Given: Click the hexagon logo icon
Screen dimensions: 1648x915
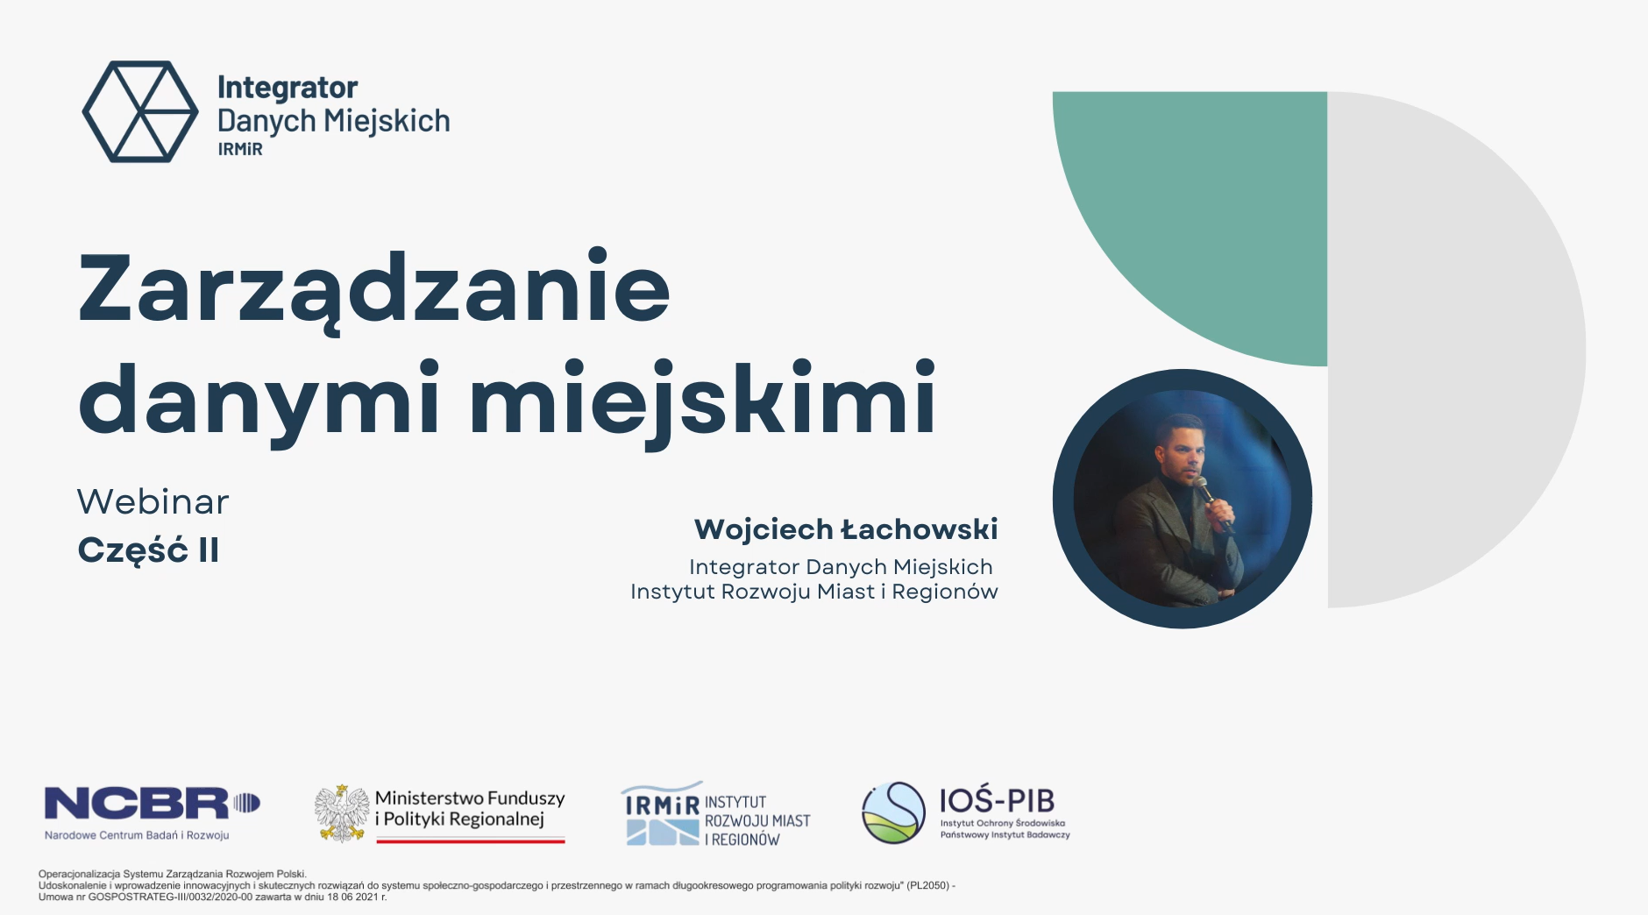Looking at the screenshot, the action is coord(140,111).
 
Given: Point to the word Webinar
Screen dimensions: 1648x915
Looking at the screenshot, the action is coord(153,502).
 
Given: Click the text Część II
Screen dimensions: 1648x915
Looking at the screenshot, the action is coord(148,550).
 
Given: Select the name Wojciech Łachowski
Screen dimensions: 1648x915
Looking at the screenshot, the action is coord(846,529).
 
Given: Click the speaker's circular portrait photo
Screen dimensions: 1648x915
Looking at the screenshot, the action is coord(1183,499).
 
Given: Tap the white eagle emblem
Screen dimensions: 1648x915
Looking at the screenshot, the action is coord(341,813).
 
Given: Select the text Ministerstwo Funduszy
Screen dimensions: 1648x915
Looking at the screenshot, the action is coord(470,798).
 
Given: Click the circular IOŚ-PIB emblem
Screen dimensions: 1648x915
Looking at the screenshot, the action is coord(893,812).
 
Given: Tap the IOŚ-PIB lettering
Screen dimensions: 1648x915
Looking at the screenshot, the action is coord(997,800).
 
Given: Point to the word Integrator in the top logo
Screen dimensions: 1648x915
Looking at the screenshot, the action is coord(288,88).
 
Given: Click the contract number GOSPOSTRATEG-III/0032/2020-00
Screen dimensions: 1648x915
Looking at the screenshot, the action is coord(170,897).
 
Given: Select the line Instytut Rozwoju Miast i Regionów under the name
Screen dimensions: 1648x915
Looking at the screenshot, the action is coord(814,592).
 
